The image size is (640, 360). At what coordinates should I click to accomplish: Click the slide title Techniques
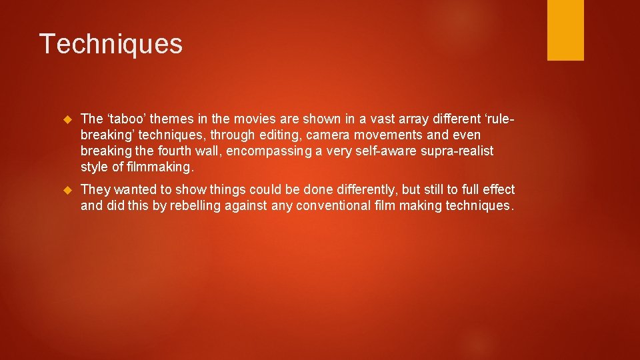111,44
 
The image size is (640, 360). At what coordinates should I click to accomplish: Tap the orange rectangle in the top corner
565,29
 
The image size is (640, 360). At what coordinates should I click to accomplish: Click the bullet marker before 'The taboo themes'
66,119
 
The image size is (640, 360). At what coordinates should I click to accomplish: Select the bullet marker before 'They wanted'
66,191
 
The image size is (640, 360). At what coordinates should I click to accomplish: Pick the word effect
497,191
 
